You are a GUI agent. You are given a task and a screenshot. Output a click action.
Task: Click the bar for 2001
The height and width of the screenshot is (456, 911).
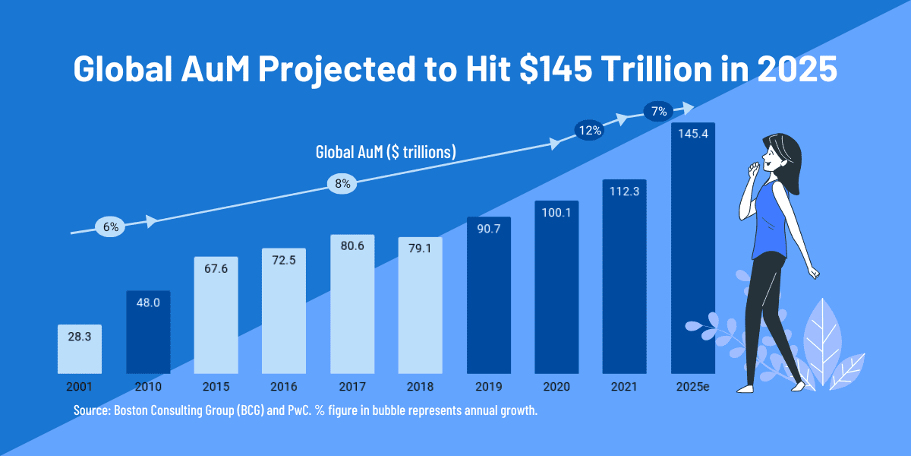coord(80,350)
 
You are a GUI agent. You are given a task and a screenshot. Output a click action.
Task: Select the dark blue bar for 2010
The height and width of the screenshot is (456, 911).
coord(148,334)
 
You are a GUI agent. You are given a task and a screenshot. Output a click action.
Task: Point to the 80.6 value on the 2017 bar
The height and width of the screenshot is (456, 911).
coord(352,246)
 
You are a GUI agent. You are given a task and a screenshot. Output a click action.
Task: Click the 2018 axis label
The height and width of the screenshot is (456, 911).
coord(420,386)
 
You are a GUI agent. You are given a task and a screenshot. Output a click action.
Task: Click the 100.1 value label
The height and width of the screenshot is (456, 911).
coord(556,214)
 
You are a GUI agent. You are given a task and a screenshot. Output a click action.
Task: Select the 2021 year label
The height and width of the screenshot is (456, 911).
coord(624,386)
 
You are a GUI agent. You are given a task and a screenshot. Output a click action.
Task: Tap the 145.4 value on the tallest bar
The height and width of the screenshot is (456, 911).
coord(692,135)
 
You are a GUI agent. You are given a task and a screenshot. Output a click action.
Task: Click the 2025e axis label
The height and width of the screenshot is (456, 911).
coord(692,386)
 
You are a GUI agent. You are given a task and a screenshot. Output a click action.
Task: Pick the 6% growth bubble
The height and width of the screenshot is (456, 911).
coord(111,226)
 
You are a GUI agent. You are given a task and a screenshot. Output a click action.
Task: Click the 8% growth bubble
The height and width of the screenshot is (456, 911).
coord(342,183)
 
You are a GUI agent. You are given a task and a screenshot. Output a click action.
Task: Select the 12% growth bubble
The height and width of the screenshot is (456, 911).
coord(590,130)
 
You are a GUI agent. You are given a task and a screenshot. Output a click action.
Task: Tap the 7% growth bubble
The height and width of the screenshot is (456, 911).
coord(659,112)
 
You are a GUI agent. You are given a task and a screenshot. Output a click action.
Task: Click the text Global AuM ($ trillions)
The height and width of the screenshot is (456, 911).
coord(386,152)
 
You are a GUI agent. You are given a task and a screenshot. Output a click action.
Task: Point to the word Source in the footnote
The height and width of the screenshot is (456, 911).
coord(91,410)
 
